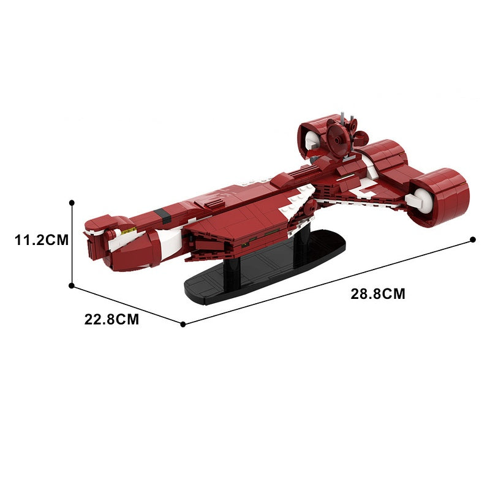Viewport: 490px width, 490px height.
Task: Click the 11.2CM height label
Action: [x=42, y=240]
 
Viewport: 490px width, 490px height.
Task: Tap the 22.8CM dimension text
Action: [x=111, y=319]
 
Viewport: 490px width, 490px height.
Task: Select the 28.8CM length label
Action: [x=378, y=294]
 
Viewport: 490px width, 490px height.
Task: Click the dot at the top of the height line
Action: [x=72, y=203]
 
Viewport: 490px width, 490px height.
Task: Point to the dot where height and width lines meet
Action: [x=72, y=285]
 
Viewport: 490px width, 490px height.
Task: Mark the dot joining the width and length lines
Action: [x=183, y=325]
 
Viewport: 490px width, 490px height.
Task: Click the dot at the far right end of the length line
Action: [x=473, y=239]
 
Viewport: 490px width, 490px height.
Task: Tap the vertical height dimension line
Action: [x=72, y=244]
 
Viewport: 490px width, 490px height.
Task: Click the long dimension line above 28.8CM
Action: [x=328, y=282]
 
